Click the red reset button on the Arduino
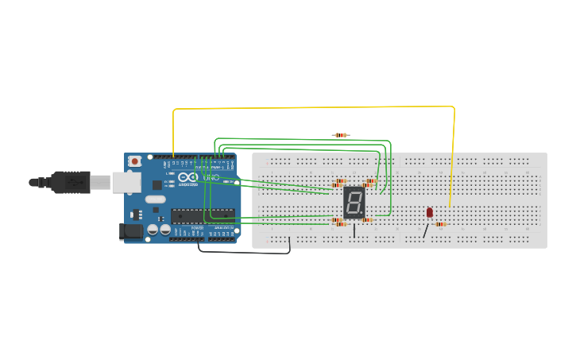coord(134,161)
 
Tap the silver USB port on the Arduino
coord(126,183)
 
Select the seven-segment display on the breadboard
coord(354,203)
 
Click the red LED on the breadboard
coord(430,212)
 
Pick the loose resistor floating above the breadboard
coord(341,135)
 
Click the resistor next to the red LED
coord(440,224)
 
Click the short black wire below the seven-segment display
coord(354,230)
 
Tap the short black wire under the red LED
coord(426,230)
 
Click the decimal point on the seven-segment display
coord(363,215)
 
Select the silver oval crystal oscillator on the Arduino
coord(156,199)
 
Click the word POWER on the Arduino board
coord(197,227)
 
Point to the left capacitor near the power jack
coord(152,230)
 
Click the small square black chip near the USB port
coord(157,184)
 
